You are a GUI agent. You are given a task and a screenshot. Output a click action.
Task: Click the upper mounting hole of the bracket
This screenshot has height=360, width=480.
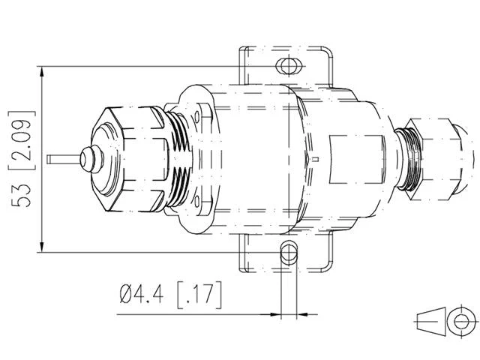[287, 66]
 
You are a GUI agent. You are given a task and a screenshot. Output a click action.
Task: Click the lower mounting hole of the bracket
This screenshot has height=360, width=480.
[289, 252]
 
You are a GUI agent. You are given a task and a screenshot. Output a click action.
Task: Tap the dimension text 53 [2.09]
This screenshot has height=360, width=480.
[22, 159]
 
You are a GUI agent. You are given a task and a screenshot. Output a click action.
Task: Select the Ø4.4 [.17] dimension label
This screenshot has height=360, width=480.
[171, 294]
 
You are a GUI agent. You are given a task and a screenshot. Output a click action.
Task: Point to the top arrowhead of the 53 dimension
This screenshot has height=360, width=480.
[42, 71]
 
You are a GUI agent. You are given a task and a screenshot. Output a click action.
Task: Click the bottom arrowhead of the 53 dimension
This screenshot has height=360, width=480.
[42, 247]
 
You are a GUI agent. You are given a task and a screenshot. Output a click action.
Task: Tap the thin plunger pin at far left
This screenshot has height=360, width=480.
[64, 159]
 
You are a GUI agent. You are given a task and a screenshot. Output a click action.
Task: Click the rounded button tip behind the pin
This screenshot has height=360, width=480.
[91, 159]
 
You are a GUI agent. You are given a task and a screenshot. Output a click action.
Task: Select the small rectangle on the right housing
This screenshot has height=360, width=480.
[356, 159]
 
